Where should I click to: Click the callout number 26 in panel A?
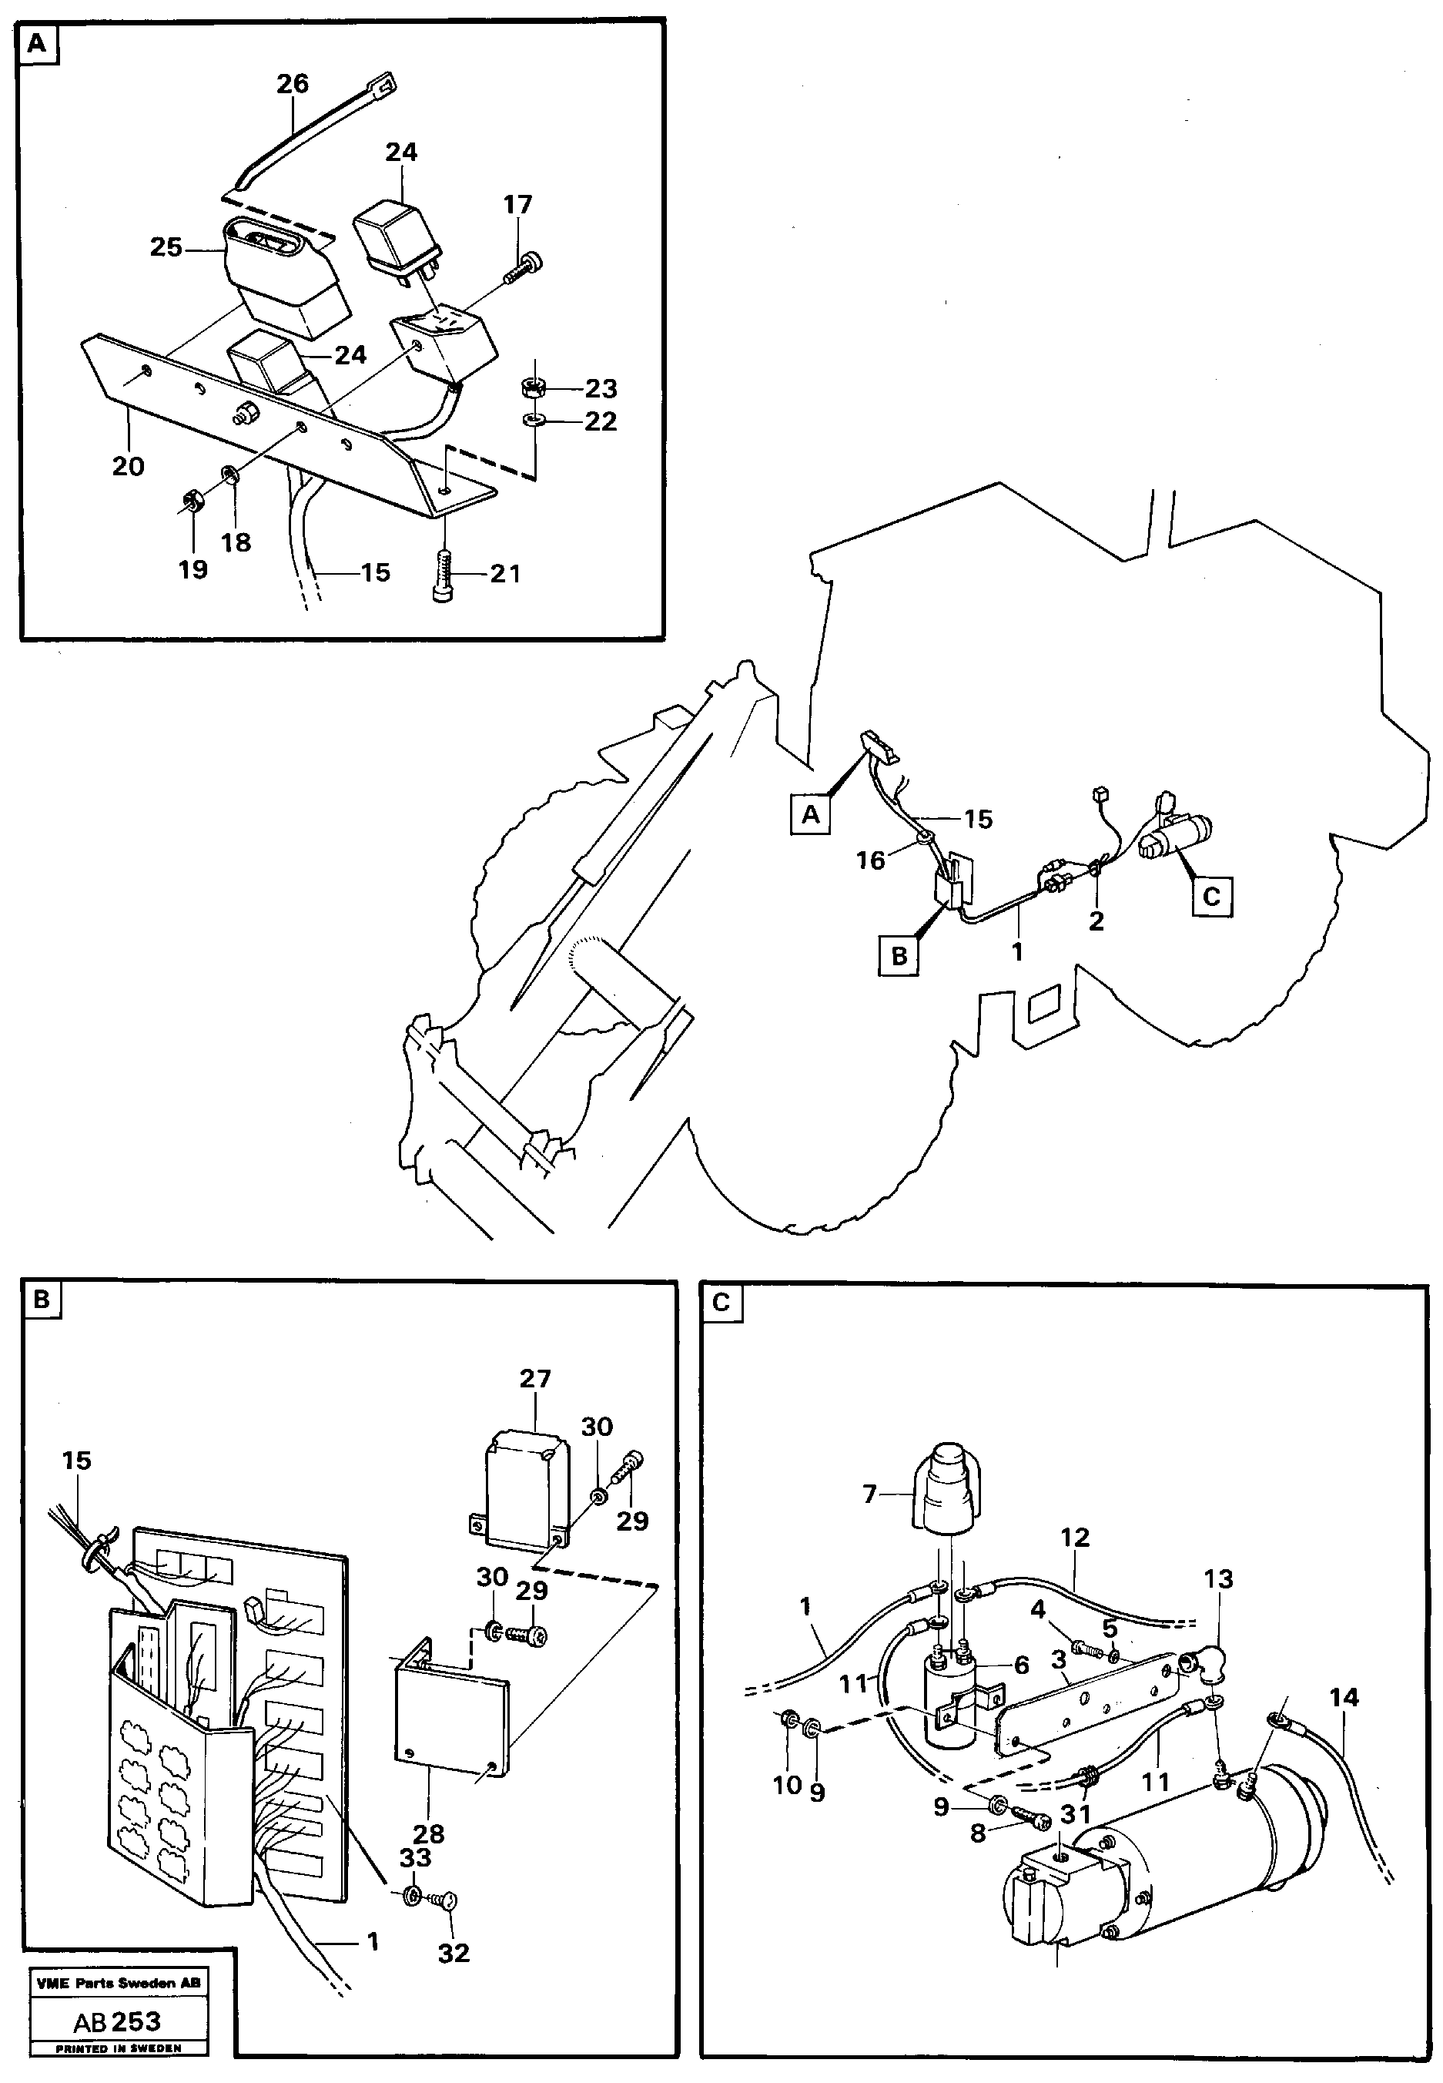coord(292,84)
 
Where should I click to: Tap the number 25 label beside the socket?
coord(166,247)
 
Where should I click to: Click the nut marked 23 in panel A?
coord(531,387)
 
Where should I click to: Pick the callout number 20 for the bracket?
coord(128,467)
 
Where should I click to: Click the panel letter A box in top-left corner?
coord(37,43)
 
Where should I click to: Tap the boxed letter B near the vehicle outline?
coord(899,956)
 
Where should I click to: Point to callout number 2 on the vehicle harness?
coord(1096,921)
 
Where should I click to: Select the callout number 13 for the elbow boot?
coord(1218,1579)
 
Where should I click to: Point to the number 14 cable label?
coord(1344,1698)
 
